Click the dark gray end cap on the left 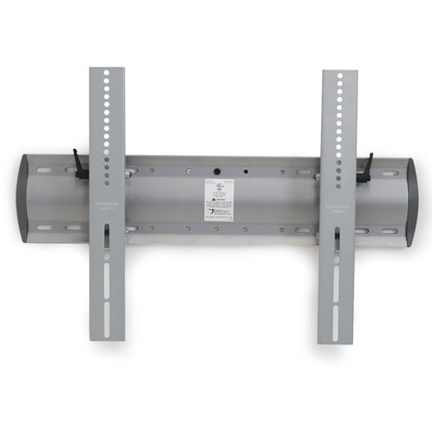point(28,199)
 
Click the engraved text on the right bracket point(338,209)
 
